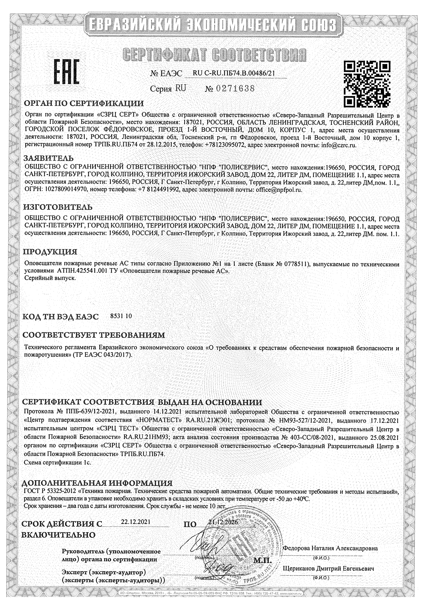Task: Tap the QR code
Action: coord(367,84)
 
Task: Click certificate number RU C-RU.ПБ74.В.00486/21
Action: coord(234,73)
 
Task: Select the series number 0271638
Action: coord(235,88)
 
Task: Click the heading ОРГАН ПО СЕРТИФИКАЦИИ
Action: coord(84,103)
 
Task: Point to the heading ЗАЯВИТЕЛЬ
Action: coord(49,158)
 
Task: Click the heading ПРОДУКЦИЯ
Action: coord(50,252)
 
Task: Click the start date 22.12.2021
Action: coord(136,521)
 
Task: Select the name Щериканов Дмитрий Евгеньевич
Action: coord(328,569)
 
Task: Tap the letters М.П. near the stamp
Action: coord(262,561)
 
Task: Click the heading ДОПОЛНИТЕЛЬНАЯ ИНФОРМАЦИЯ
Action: coord(97,483)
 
